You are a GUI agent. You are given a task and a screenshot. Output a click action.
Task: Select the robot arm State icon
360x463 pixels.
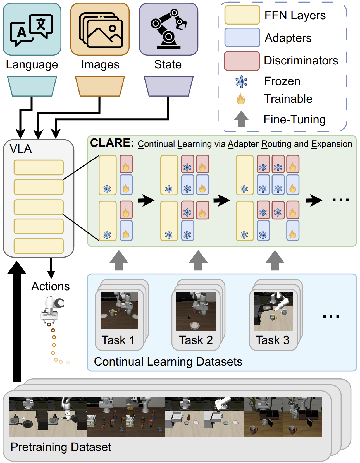(x=169, y=30)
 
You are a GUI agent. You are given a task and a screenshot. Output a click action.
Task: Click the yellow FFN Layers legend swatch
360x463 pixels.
(x=242, y=15)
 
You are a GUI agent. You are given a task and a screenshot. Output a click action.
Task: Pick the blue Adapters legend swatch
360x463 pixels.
(x=242, y=37)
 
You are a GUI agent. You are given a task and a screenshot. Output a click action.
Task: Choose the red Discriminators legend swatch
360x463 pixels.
(x=242, y=61)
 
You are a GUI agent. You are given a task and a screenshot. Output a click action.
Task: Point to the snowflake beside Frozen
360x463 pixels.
(x=241, y=82)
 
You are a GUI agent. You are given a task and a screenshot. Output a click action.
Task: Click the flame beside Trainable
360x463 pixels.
(x=241, y=99)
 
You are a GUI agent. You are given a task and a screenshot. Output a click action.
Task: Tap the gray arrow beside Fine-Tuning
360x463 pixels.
(x=241, y=119)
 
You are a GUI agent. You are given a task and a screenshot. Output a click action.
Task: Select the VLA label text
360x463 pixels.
(x=21, y=149)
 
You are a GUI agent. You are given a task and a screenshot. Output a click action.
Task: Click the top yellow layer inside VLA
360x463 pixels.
(x=39, y=167)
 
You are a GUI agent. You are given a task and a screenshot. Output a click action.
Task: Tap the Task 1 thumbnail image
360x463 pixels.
(x=119, y=310)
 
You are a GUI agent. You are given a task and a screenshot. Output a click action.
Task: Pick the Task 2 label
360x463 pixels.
(x=196, y=340)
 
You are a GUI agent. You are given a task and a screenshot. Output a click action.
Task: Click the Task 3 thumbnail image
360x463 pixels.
(x=273, y=311)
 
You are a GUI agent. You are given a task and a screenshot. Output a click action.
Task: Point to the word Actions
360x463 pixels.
(x=51, y=286)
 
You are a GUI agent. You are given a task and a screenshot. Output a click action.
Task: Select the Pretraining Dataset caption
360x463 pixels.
(x=61, y=447)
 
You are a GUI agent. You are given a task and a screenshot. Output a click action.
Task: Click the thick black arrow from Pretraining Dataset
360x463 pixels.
(x=17, y=321)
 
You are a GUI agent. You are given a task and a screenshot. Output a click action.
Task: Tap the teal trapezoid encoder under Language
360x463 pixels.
(x=32, y=86)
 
